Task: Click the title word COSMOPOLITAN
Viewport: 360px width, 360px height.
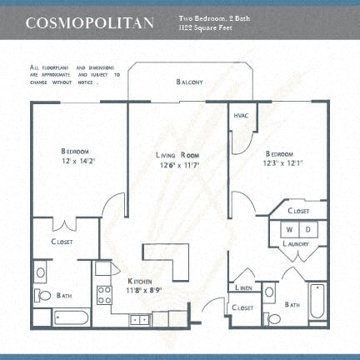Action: [89, 22]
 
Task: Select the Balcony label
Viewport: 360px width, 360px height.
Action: [189, 82]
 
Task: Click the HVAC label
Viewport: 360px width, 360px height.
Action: [242, 116]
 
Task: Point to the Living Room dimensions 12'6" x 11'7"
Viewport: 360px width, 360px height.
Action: [178, 164]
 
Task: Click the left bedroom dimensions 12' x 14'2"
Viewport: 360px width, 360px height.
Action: [75, 160]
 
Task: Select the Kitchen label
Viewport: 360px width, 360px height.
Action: [138, 282]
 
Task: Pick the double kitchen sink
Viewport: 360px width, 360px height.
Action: [139, 318]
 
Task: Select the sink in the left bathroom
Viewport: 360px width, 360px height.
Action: [41, 272]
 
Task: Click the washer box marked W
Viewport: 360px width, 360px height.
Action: [289, 228]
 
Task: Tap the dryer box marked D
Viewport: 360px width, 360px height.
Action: [306, 228]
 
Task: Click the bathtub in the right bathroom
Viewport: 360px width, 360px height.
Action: [317, 302]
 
